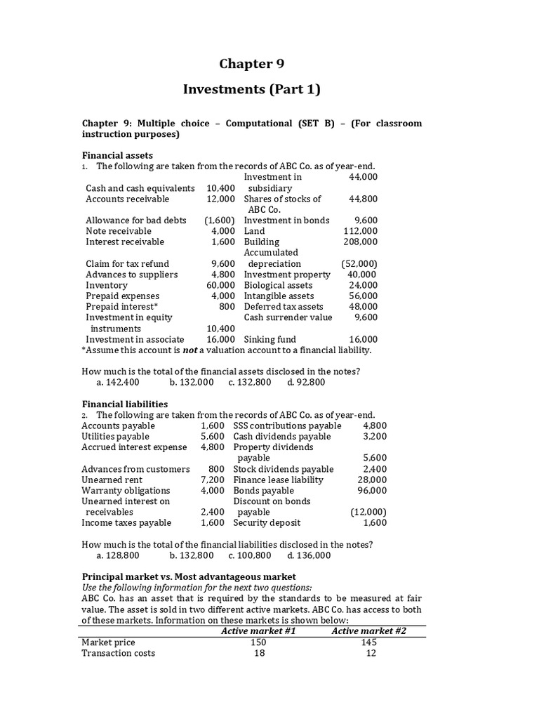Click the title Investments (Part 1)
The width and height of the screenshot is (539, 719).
click(x=251, y=89)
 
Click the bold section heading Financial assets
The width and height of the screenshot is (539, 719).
click(x=117, y=155)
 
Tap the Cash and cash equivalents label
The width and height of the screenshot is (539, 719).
click(x=140, y=188)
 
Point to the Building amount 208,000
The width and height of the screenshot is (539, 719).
click(x=360, y=242)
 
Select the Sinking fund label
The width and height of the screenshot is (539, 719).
click(x=269, y=339)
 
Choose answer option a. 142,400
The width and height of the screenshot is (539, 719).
click(x=118, y=383)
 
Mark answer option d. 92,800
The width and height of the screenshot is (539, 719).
click(x=306, y=383)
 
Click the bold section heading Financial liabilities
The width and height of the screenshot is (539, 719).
click(x=125, y=404)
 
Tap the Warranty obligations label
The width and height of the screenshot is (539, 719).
click(x=126, y=490)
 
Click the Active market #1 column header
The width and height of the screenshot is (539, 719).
click(x=258, y=631)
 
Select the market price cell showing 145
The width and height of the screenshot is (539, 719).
click(x=367, y=642)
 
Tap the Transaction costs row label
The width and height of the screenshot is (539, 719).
click(x=119, y=653)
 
